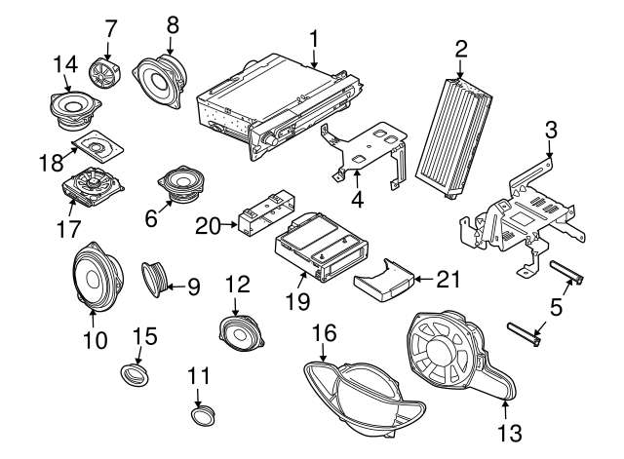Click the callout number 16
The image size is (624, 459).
[x=322, y=334]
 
